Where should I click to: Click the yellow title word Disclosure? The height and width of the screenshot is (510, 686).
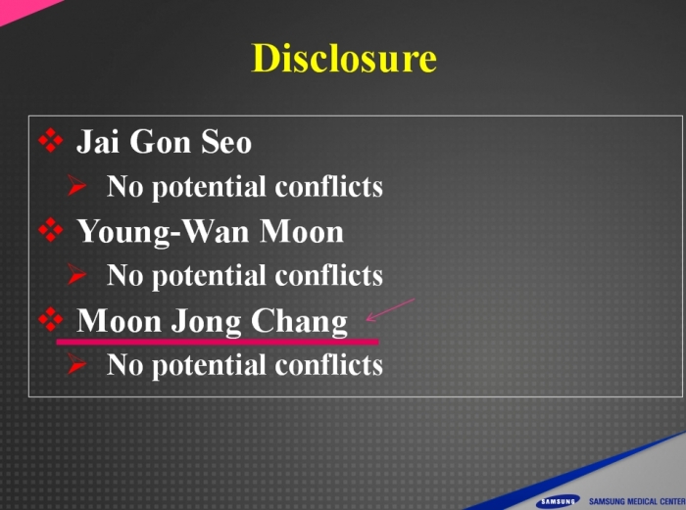[344, 58]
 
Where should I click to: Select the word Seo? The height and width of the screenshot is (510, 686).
[226, 142]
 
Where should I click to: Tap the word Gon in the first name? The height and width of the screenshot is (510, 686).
[160, 142]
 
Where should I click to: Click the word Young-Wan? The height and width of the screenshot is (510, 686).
[163, 232]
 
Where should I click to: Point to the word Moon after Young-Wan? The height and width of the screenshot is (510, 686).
[302, 231]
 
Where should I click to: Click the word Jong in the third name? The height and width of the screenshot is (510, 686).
[206, 322]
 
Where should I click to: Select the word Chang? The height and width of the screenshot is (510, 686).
[299, 322]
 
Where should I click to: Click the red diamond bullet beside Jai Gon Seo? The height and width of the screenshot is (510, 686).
[50, 140]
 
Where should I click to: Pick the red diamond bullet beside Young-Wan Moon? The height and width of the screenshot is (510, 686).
[50, 230]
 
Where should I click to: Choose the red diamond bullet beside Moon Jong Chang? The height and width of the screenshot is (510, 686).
[50, 319]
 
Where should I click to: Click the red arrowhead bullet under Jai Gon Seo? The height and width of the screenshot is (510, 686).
[76, 185]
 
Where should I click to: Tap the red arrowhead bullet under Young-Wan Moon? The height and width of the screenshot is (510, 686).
[76, 274]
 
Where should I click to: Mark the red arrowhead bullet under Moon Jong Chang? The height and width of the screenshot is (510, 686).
[76, 364]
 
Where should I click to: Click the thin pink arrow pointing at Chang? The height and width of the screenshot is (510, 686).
[390, 310]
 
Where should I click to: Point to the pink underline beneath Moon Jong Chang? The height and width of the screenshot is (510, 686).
[218, 342]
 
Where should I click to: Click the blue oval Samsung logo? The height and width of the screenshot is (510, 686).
[558, 501]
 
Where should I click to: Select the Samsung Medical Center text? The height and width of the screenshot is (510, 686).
[637, 501]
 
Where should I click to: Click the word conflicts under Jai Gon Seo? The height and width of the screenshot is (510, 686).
[328, 186]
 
